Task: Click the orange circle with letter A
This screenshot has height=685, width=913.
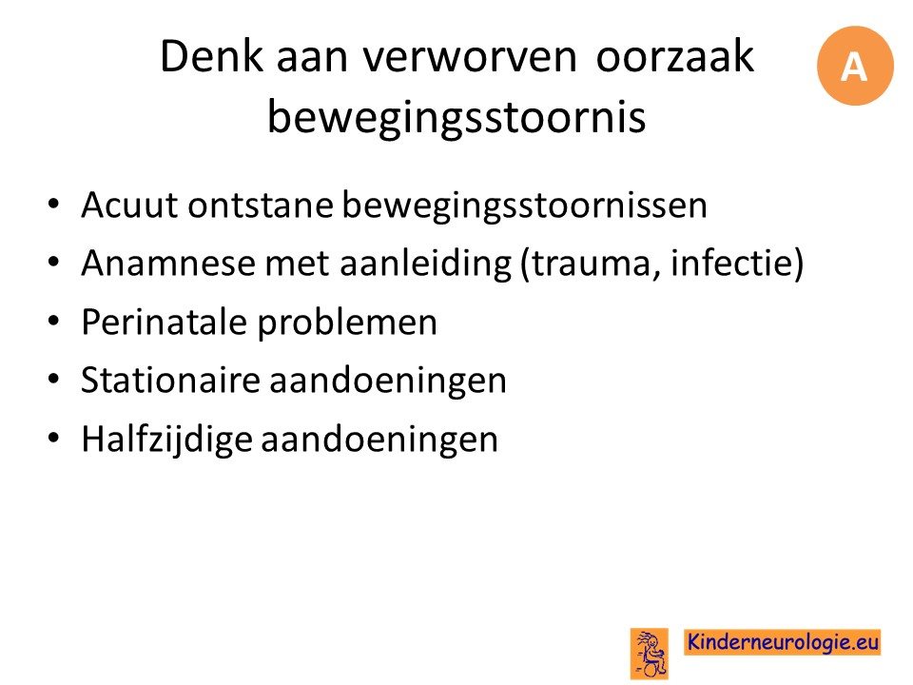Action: tap(855, 66)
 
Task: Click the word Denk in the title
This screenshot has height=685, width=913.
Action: tap(211, 56)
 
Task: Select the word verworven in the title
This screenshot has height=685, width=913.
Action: tap(469, 58)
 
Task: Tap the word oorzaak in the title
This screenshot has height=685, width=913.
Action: tap(675, 56)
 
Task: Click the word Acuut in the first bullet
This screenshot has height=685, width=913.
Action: tap(129, 205)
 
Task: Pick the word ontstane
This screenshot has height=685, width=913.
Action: tap(261, 205)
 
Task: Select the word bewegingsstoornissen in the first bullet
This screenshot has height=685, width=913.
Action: tap(524, 206)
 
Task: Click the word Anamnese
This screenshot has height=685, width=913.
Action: tap(168, 264)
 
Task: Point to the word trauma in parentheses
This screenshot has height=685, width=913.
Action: tap(592, 264)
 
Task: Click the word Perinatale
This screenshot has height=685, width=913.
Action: tap(165, 322)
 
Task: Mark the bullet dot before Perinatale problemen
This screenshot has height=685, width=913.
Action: tap(53, 321)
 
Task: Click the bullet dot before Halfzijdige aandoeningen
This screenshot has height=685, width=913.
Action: tap(53, 438)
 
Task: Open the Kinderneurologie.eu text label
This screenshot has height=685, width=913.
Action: tap(782, 642)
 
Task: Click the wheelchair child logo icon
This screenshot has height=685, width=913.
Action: tap(650, 654)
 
